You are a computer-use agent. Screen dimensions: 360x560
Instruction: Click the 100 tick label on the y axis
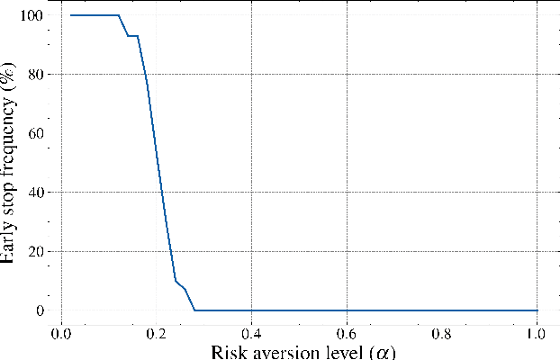[31, 15]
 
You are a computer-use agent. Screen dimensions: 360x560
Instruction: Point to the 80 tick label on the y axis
[34, 74]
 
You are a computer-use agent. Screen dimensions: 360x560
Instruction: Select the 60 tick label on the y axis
[34, 133]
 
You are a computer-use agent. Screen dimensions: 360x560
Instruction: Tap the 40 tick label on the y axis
[34, 193]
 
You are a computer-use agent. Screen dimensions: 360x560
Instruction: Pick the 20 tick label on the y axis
[34, 251]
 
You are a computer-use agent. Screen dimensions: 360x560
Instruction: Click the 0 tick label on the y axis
[39, 310]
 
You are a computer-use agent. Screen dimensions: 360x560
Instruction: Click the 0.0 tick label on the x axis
[61, 331]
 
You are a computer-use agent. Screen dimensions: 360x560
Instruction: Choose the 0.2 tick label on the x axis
[157, 331]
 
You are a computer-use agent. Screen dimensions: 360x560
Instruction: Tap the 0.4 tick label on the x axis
[252, 331]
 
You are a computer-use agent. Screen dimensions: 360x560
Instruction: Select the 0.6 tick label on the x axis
[348, 331]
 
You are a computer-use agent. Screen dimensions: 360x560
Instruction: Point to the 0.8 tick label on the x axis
[442, 331]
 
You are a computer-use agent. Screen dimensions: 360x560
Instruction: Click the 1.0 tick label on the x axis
[537, 331]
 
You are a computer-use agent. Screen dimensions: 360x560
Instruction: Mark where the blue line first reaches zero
[194, 310]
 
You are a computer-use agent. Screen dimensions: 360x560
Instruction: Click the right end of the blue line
[537, 310]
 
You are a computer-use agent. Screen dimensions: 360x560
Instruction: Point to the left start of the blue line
[70, 15]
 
